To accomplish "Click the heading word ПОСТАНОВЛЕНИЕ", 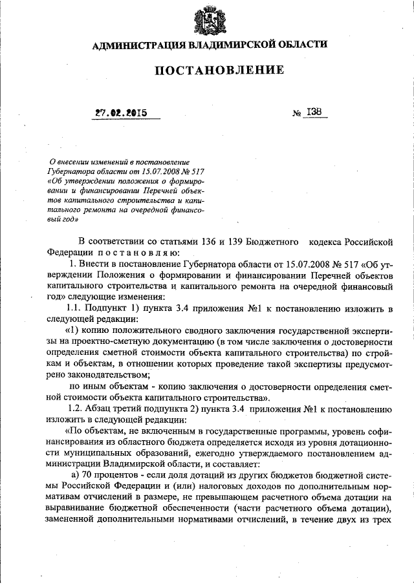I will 219,70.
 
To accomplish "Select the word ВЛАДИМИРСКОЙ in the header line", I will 228,45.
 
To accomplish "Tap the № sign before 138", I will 298,113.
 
